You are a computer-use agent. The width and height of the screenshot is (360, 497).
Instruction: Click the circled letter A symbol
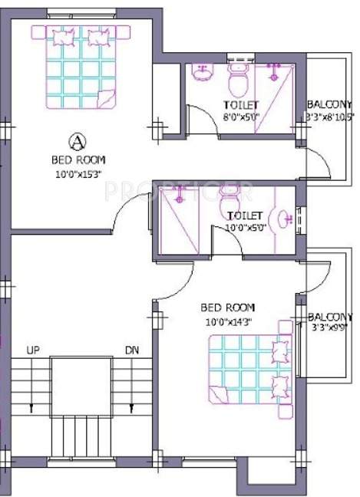point(77,140)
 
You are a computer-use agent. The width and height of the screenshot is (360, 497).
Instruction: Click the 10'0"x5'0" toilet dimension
point(245,228)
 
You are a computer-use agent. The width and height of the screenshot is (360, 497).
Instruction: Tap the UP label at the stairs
point(33,351)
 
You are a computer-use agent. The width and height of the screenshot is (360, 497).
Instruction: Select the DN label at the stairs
point(132,351)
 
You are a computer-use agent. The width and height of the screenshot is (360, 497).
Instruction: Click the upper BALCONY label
point(329,104)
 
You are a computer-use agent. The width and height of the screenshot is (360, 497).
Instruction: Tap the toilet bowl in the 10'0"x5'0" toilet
point(230,205)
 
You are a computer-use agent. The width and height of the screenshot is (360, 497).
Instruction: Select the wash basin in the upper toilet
point(203,74)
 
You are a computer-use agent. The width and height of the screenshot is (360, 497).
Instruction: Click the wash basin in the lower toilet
point(285,219)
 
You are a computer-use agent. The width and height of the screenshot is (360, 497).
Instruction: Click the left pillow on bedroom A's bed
point(64,36)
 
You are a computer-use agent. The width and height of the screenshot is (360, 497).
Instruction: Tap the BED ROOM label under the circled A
point(78,160)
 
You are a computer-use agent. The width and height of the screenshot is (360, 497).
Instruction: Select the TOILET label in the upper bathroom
point(241,105)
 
